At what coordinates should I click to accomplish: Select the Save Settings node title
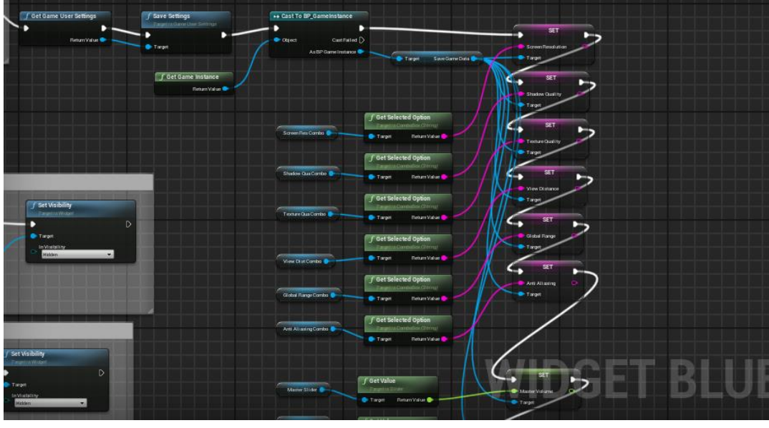[x=172, y=16]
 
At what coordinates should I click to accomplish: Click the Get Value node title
[x=382, y=381]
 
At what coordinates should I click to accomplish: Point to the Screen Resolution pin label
[x=546, y=47]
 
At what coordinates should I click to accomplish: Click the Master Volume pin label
[x=538, y=391]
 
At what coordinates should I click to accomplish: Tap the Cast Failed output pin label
[x=344, y=40]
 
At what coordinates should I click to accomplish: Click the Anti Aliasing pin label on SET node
[x=541, y=283]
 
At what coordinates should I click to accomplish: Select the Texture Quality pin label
[x=543, y=142]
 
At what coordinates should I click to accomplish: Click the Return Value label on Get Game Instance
[x=206, y=89]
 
